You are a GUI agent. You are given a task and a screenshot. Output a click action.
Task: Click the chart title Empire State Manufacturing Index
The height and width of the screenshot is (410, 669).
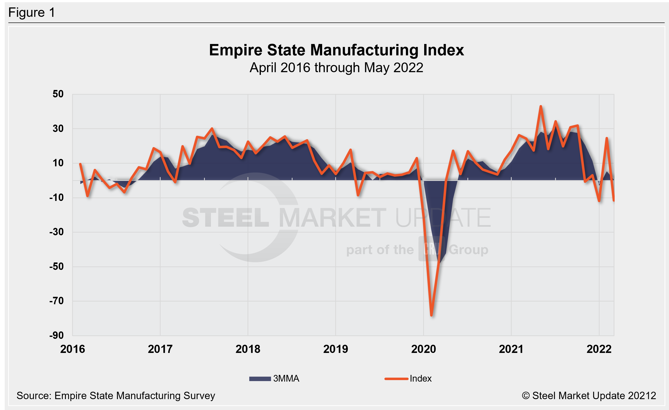[336, 50]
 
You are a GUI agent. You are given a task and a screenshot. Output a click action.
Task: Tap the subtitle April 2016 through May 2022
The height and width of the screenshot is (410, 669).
[336, 68]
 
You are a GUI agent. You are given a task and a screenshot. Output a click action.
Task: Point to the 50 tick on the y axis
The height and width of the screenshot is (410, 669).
[58, 94]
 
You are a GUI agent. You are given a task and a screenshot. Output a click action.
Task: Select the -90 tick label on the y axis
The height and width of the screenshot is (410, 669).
[57, 335]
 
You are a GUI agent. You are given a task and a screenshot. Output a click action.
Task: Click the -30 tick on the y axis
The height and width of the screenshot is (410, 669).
[57, 232]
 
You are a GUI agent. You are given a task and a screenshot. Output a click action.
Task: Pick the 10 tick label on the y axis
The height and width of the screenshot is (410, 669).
[58, 163]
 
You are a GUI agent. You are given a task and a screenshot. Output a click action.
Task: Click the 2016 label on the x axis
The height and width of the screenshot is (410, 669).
[72, 349]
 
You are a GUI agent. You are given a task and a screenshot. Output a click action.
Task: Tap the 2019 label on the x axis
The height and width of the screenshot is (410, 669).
[335, 349]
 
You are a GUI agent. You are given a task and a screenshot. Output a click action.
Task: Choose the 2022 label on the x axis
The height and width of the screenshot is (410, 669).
[599, 349]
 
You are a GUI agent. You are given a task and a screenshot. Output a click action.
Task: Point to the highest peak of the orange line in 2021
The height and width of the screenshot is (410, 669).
[541, 106]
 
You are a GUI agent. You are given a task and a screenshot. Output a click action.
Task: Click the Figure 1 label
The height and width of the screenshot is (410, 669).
[32, 13]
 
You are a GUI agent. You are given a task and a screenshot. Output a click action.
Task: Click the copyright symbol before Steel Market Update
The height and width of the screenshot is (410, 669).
[526, 396]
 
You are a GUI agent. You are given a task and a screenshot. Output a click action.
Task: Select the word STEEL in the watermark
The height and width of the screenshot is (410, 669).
[226, 217]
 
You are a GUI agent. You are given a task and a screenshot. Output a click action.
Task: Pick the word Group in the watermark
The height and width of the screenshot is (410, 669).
[468, 250]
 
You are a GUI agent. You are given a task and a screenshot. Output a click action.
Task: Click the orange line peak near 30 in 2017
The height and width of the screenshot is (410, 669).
[212, 129]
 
